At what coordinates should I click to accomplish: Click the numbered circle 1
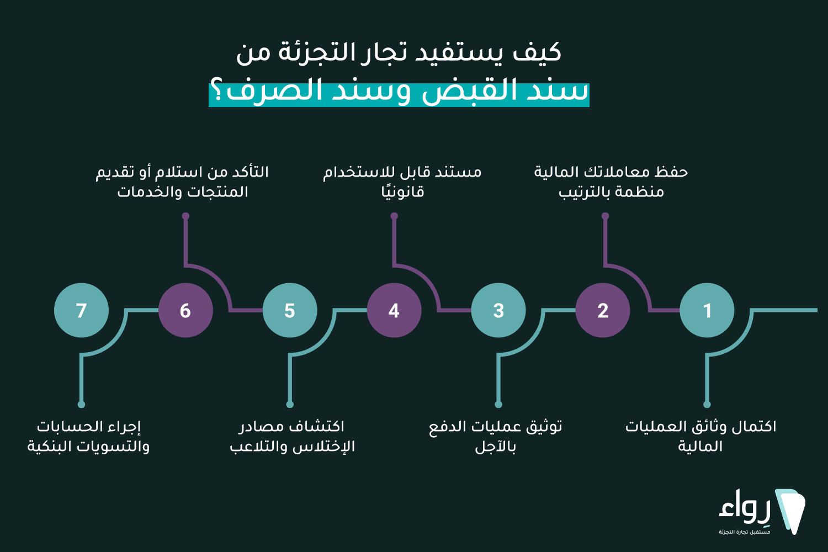pos(707,310)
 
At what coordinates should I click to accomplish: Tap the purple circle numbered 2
pos(603,310)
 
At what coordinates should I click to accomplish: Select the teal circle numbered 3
pos(498,310)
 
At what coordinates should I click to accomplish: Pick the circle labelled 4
pos(394,310)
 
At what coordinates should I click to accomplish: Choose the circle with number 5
pos(290,310)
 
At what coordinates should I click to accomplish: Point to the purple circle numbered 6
pos(185,310)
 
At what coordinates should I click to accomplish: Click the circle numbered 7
pos(81,310)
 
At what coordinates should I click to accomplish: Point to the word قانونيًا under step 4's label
pos(402,192)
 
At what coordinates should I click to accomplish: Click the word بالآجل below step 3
pos(495,446)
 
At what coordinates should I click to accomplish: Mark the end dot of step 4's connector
pos(394,216)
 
